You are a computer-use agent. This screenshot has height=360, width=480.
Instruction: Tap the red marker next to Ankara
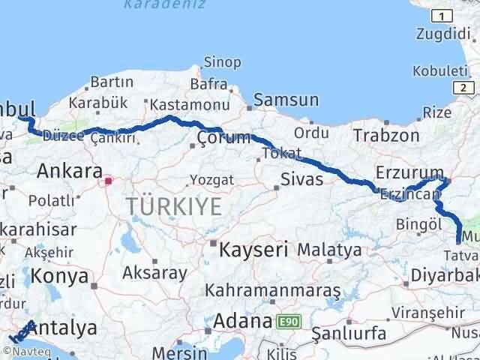(109, 180)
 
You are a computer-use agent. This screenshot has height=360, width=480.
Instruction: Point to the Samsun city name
(286, 100)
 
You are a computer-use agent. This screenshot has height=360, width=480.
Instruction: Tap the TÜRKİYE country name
(173, 205)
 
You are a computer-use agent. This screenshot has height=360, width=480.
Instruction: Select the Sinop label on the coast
(223, 61)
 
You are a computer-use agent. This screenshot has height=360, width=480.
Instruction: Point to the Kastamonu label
(178, 103)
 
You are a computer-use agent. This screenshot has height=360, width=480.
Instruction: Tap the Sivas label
(301, 179)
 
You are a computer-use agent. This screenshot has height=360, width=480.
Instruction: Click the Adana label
(241, 322)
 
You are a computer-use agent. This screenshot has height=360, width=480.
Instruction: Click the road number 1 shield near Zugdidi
(444, 16)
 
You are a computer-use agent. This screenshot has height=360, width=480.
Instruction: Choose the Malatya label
(329, 249)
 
